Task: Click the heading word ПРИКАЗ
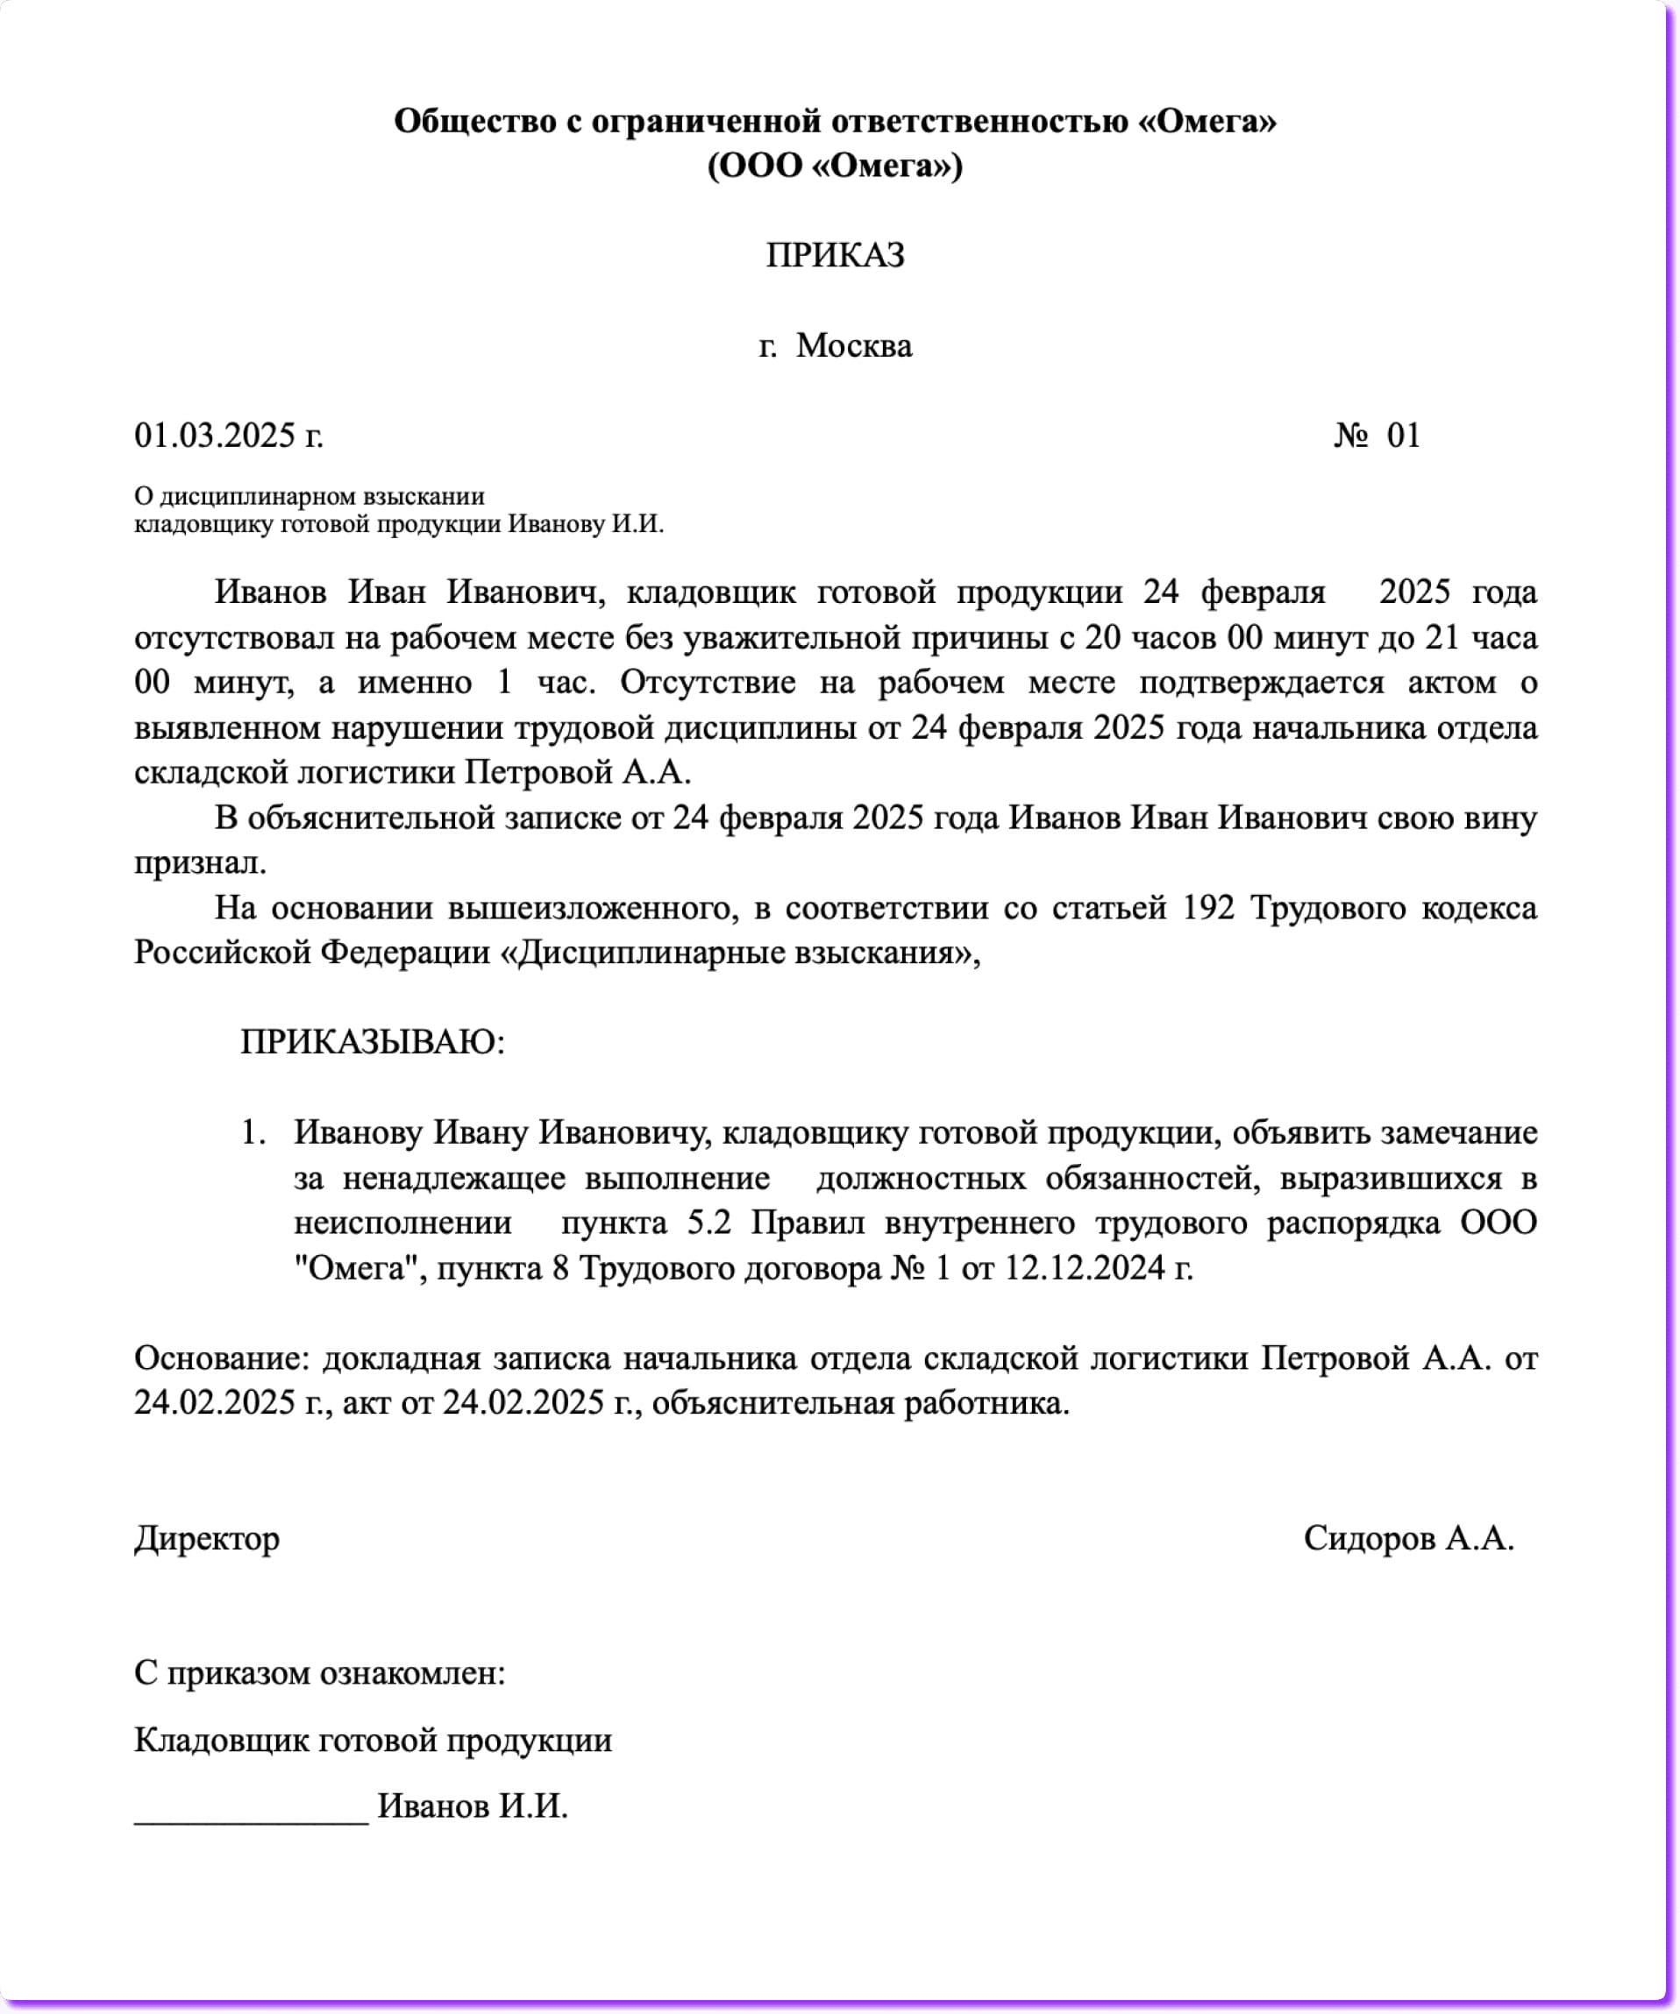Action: tap(835, 255)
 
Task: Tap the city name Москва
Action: tap(853, 345)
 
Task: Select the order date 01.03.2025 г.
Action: tap(228, 436)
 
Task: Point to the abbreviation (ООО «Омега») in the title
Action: tap(835, 166)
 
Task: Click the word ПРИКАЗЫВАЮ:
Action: tap(373, 1041)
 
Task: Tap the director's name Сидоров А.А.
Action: tap(1407, 1538)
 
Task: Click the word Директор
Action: tap(207, 1538)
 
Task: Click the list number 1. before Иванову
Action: tap(253, 1132)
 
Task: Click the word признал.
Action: tap(200, 862)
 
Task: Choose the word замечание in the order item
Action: tap(1458, 1132)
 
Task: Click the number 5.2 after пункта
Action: tap(709, 1223)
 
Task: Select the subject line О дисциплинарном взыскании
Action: tap(309, 496)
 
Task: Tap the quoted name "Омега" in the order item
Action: tap(356, 1268)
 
